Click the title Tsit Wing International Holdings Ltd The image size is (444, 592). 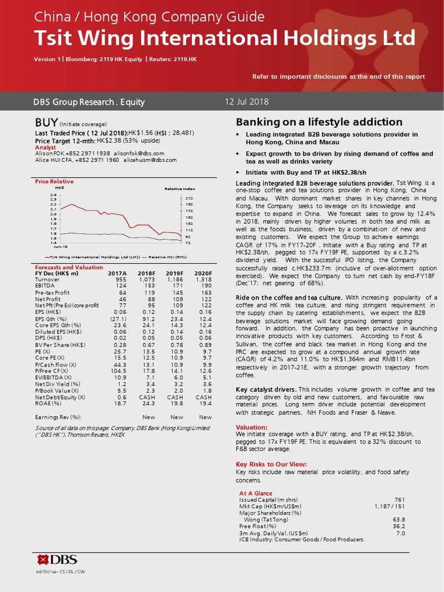224,38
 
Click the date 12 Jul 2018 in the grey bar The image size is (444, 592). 247,102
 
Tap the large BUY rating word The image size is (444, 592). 46,123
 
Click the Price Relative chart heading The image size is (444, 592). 54,182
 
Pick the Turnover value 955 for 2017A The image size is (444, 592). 120,279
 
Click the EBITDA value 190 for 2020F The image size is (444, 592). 206,286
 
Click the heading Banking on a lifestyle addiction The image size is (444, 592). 319,122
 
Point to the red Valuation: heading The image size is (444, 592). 251,427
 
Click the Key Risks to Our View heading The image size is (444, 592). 271,464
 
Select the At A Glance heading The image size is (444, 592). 256,493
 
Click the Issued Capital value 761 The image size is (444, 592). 399,499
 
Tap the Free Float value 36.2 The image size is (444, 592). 399,526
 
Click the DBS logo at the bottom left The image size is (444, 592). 57,559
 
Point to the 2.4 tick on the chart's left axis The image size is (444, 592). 53,195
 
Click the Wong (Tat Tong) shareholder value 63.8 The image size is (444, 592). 399,520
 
